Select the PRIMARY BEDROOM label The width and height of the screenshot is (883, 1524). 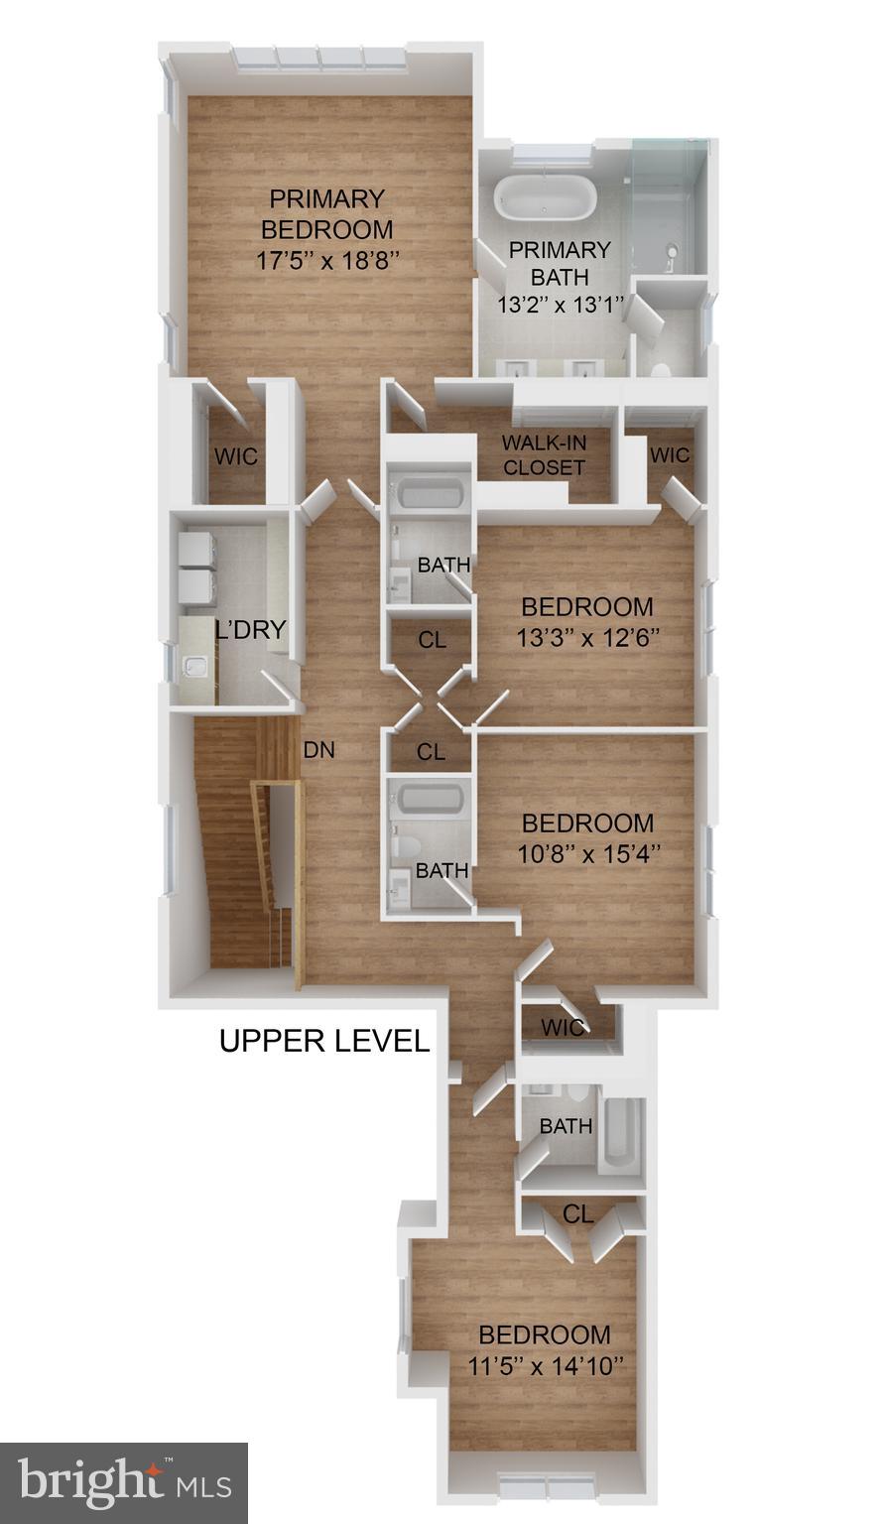[326, 213]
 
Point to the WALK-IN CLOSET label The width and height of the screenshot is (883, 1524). [543, 454]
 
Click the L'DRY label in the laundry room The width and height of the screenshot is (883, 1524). [250, 629]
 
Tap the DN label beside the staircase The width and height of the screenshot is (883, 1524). [318, 750]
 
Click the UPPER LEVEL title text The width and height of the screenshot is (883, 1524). [323, 1041]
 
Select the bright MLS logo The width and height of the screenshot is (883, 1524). [123, 1483]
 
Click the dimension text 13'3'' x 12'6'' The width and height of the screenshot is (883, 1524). [587, 637]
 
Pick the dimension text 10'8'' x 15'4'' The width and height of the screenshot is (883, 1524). [587, 852]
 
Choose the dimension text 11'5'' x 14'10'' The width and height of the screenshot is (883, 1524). [545, 1365]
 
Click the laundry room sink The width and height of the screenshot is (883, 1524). [196, 666]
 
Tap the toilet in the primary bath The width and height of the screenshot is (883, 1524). [660, 367]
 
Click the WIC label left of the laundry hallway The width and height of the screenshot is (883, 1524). [236, 456]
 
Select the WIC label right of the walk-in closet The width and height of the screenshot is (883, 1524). [669, 455]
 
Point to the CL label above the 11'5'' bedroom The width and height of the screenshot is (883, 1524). [577, 1213]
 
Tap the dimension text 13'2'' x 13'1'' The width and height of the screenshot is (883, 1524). [559, 305]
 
